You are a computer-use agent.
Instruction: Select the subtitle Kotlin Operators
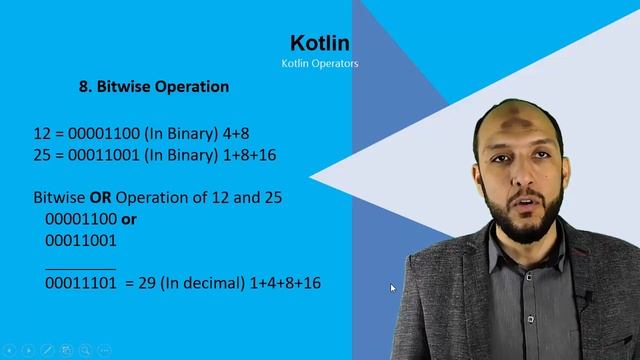point(320,64)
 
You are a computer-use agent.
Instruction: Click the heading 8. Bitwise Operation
point(154,86)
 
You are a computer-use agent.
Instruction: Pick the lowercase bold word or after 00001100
point(128,218)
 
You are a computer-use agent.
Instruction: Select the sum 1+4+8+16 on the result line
point(283,283)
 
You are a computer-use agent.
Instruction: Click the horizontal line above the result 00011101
point(80,268)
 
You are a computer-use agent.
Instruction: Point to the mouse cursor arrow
point(393,288)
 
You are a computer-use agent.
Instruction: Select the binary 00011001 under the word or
point(81,240)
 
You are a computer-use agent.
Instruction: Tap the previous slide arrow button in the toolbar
point(9,351)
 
